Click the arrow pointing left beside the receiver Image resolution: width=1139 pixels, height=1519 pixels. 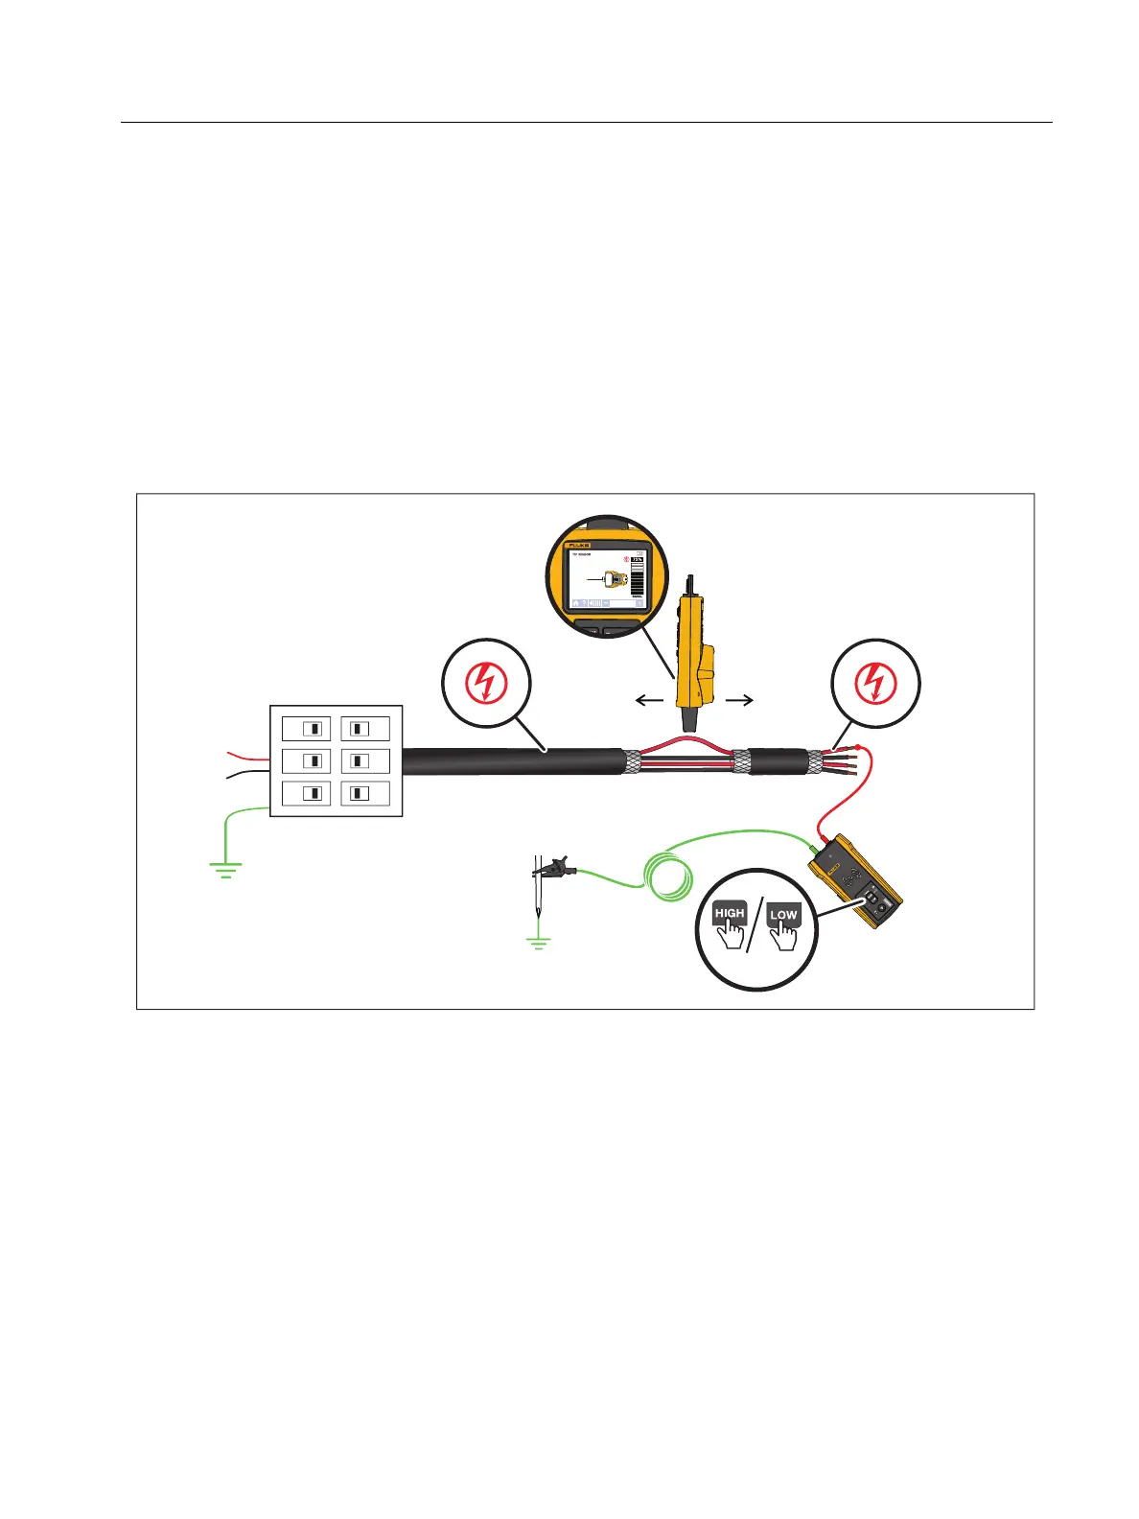coord(649,701)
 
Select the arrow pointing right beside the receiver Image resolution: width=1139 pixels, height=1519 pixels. coord(740,701)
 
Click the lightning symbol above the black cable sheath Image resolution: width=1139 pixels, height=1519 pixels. coord(485,683)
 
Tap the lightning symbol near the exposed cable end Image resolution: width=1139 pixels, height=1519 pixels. coord(873,683)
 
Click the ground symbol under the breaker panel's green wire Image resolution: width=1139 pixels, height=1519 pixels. coord(225,871)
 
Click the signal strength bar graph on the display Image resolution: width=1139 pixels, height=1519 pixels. coord(638,576)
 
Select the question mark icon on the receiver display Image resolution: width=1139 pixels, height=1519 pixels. coord(585,603)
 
